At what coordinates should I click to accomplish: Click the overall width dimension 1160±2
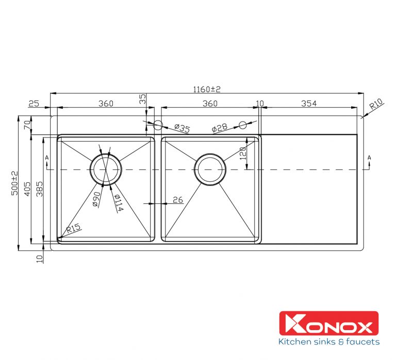pos(207,89)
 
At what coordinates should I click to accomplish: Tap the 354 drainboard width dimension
pos(308,104)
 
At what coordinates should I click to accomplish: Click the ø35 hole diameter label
pos(181,128)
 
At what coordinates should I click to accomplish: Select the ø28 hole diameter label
pos(220,129)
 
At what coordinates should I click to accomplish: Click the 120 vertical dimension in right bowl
pos(244,152)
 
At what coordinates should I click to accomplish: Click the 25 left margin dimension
pos(34,104)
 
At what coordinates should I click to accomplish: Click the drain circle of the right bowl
pos(210,169)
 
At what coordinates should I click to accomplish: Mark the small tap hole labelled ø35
pos(158,124)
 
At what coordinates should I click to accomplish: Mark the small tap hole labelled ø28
pos(243,124)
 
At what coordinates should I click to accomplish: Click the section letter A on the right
pos(369,157)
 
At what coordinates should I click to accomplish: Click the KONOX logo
pos(328,327)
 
